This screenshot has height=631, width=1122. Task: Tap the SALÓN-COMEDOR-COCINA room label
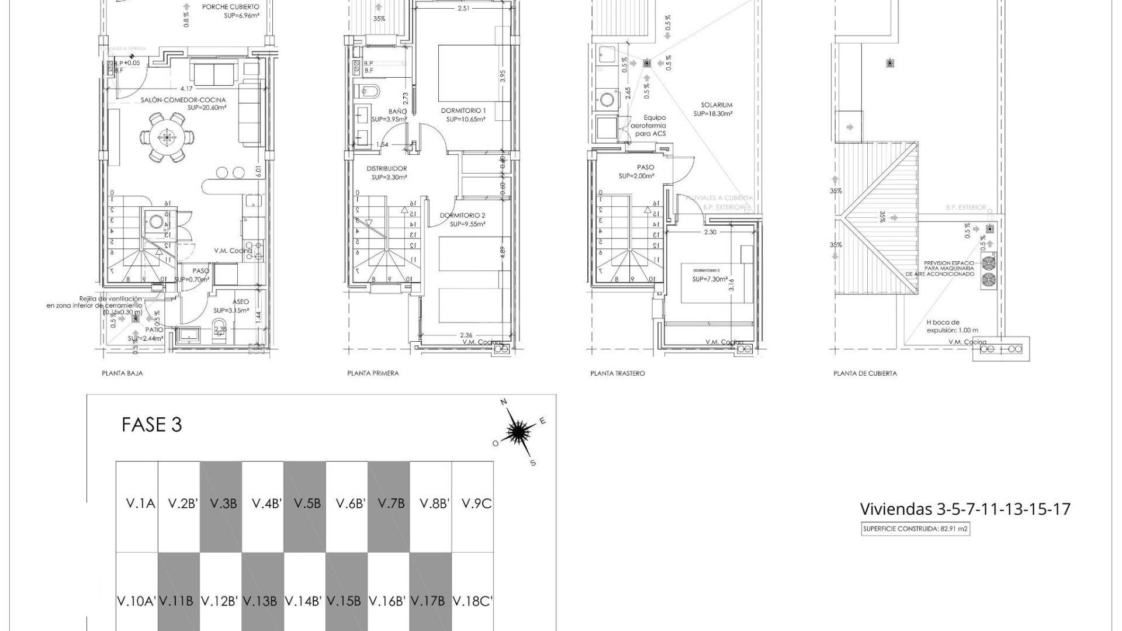pyautogui.click(x=183, y=100)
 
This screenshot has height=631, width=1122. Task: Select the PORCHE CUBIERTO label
pyautogui.click(x=230, y=7)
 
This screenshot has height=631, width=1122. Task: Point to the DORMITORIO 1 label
pyautogui.click(x=463, y=110)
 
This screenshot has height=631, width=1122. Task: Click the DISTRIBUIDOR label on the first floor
pyautogui.click(x=386, y=169)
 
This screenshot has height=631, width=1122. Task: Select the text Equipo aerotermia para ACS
pyautogui.click(x=650, y=126)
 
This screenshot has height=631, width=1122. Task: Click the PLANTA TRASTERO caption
pyautogui.click(x=617, y=373)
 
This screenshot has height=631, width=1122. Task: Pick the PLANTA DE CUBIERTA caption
pyautogui.click(x=865, y=373)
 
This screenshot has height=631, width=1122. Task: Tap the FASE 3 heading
pyautogui.click(x=151, y=425)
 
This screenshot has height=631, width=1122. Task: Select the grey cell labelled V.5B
pyautogui.click(x=304, y=504)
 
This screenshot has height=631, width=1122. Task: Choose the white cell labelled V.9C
pyautogui.click(x=476, y=504)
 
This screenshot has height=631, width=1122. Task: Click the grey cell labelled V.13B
pyautogui.click(x=262, y=601)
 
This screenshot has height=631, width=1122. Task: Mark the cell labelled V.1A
pyautogui.click(x=140, y=504)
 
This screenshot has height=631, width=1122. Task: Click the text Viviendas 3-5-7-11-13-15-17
pyautogui.click(x=965, y=509)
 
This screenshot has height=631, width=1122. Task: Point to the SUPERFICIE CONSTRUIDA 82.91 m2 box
pyautogui.click(x=915, y=530)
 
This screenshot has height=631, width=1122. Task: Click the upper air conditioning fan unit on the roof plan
pyautogui.click(x=989, y=262)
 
